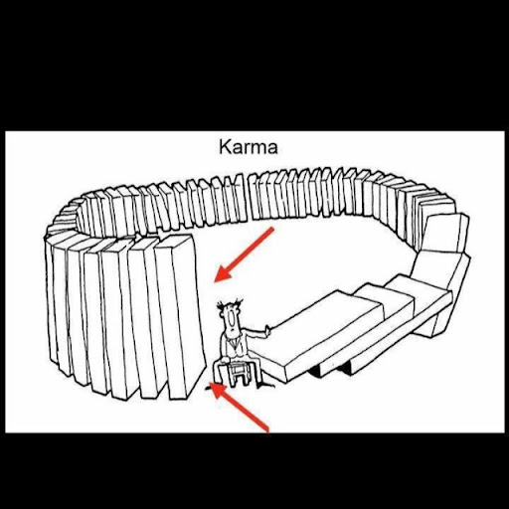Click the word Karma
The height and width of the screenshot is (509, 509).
(249, 147)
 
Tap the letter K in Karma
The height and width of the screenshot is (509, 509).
(225, 147)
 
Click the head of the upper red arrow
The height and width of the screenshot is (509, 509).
(223, 273)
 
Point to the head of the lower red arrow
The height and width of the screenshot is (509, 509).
(217, 390)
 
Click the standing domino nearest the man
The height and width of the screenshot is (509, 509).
(180, 316)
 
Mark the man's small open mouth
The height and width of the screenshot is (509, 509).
(233, 330)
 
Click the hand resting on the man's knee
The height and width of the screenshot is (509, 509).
(226, 360)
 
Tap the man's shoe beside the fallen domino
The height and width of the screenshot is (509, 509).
(265, 385)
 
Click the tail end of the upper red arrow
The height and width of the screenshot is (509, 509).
(272, 229)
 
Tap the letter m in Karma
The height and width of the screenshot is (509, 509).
(258, 149)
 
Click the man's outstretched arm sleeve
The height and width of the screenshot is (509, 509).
(252, 333)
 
